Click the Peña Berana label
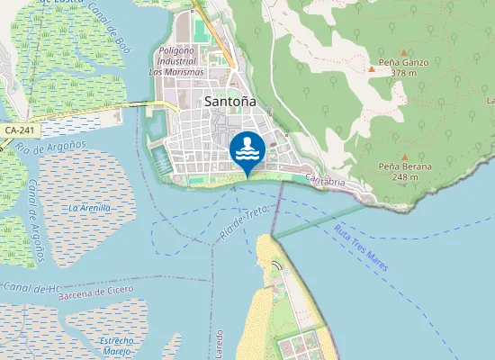(x=405, y=166)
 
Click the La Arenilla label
(x=90, y=208)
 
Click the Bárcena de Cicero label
(x=95, y=292)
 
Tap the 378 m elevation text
(x=404, y=73)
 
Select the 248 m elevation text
(x=405, y=177)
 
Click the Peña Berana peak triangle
(x=403, y=155)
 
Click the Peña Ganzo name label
(x=404, y=62)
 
